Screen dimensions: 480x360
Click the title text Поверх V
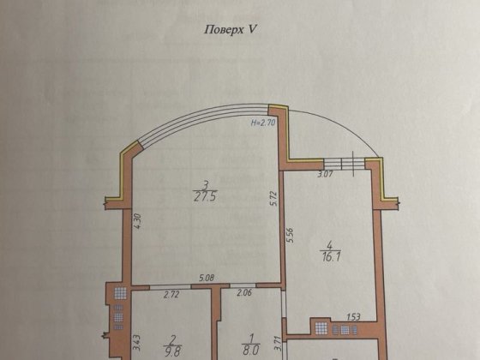pyautogui.click(x=230, y=30)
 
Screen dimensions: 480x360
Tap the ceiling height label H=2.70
pyautogui.click(x=263, y=123)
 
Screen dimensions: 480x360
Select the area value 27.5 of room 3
pyautogui.click(x=205, y=196)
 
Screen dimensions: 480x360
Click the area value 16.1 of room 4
pyautogui.click(x=330, y=256)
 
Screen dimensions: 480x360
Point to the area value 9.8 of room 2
pyautogui.click(x=172, y=351)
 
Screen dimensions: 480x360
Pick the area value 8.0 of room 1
pyautogui.click(x=251, y=350)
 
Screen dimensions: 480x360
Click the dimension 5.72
pyautogui.click(x=274, y=198)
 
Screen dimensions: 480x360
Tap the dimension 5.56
pyautogui.click(x=290, y=235)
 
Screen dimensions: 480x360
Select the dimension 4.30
pyautogui.click(x=137, y=221)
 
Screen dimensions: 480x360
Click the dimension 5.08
pyautogui.click(x=207, y=278)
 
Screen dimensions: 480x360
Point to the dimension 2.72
pyautogui.click(x=171, y=295)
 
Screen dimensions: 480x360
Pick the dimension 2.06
pyautogui.click(x=244, y=292)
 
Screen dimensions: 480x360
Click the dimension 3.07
pyautogui.click(x=325, y=175)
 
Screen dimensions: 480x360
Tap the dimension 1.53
pyautogui.click(x=353, y=317)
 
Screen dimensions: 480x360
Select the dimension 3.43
pyautogui.click(x=136, y=343)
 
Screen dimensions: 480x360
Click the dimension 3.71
pyautogui.click(x=278, y=344)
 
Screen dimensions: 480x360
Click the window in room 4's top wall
pyautogui.click(x=345, y=164)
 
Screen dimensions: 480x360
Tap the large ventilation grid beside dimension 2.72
pyautogui.click(x=120, y=293)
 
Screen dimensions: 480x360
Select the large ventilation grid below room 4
pyautogui.click(x=321, y=328)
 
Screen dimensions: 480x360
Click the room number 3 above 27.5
pyautogui.click(x=206, y=185)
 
